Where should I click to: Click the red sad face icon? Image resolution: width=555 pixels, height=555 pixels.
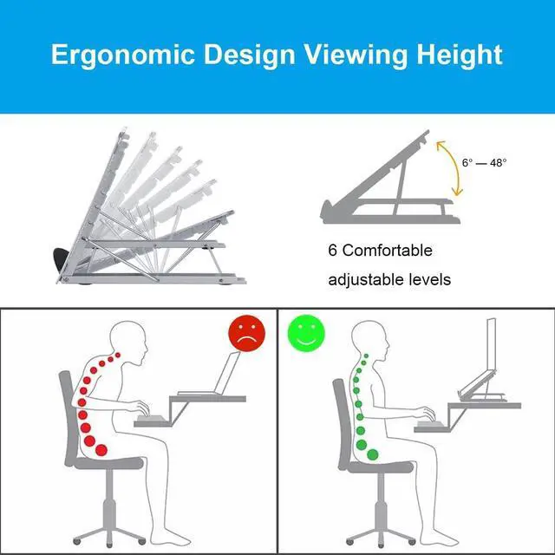[246, 334]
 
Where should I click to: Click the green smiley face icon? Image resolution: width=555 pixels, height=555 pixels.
[304, 334]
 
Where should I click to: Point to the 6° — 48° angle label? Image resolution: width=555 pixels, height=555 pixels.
[484, 162]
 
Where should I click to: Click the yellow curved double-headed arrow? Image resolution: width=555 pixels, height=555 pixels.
[451, 169]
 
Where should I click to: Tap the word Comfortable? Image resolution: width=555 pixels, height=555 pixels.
[388, 251]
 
